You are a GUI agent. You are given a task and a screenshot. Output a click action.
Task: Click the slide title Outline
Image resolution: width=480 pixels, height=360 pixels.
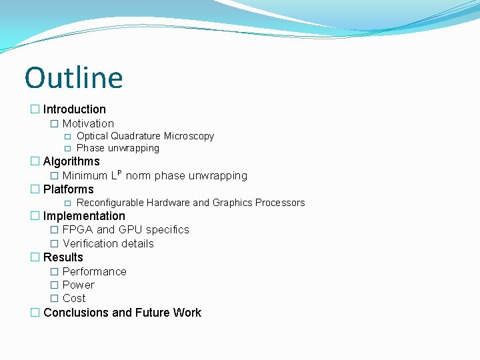coord(74,77)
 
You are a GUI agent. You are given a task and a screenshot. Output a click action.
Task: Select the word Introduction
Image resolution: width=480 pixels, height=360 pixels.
coord(75,109)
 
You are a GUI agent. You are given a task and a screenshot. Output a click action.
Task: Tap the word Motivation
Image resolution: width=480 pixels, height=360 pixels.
coord(88,123)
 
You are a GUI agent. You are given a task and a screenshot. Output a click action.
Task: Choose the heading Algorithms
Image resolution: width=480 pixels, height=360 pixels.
coord(71,161)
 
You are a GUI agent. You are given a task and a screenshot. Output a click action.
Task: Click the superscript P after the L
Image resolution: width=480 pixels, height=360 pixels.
coord(119,172)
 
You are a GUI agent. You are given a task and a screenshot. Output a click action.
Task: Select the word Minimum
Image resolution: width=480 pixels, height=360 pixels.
coord(85,176)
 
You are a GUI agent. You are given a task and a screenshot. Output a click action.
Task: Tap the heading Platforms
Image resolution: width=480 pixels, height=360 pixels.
coord(69,189)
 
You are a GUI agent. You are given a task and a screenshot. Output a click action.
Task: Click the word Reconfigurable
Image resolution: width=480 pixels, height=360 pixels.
coord(110,203)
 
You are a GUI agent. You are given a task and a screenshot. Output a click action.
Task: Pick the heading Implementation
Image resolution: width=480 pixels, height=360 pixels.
coord(84,216)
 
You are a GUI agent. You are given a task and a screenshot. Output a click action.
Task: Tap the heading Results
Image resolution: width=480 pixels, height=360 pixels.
coord(63,257)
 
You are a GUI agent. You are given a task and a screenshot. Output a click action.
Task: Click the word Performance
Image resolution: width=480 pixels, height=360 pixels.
coord(94,271)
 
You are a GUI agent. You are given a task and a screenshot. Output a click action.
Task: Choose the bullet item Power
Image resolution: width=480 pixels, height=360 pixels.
coord(78,285)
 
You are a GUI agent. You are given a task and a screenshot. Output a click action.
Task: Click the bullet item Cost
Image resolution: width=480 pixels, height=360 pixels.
coord(74,298)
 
